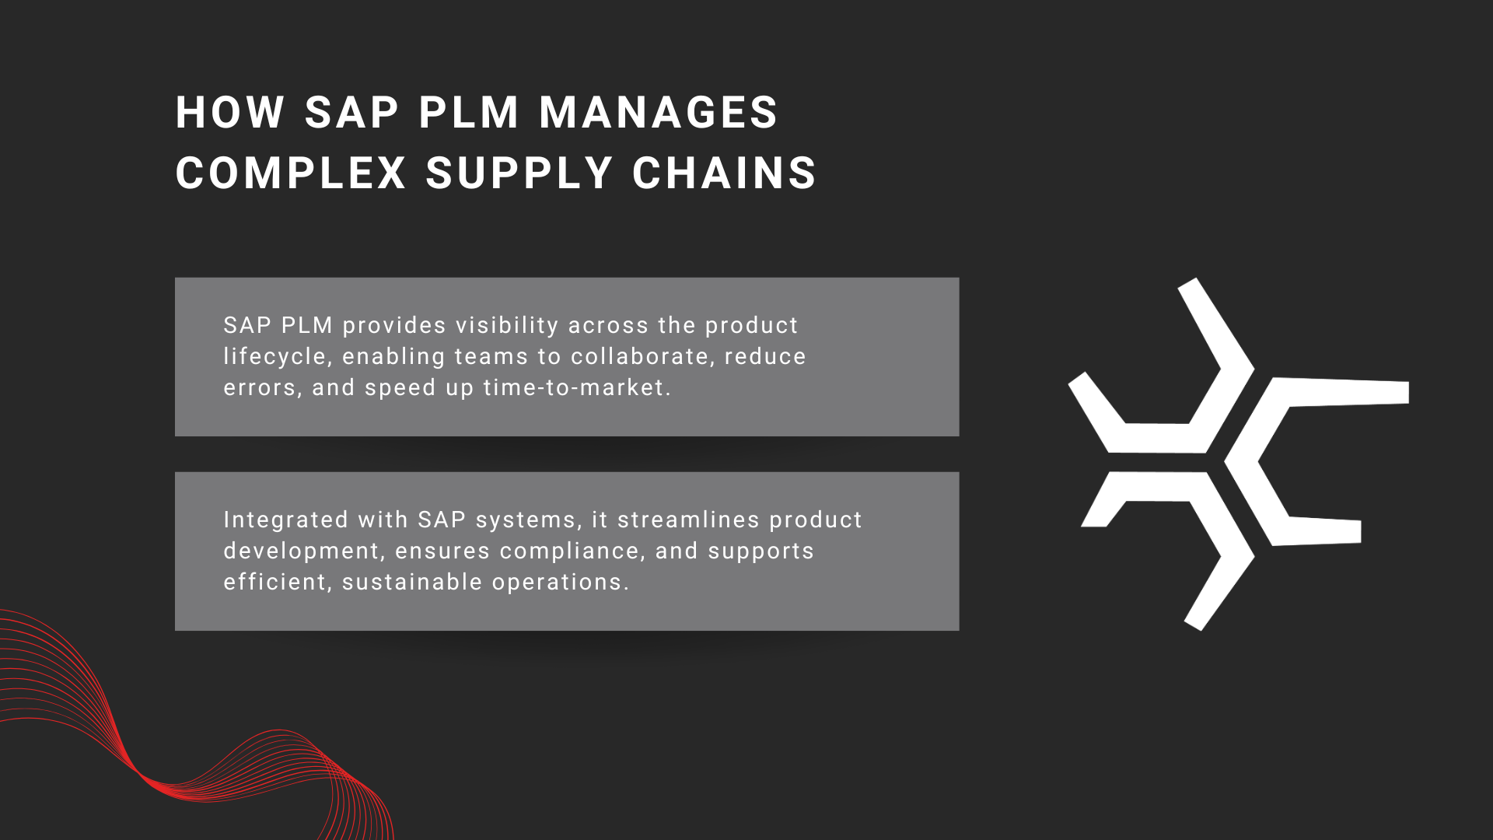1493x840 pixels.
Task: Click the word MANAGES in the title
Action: tap(658, 113)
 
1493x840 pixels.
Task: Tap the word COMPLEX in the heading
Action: tap(291, 173)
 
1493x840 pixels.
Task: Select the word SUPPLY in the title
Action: tap(519, 173)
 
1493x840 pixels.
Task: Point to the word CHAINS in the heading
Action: tap(724, 173)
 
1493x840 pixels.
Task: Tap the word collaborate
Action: tap(642, 356)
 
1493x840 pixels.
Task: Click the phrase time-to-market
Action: tap(576, 387)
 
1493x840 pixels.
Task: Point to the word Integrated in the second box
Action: tap(285, 520)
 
